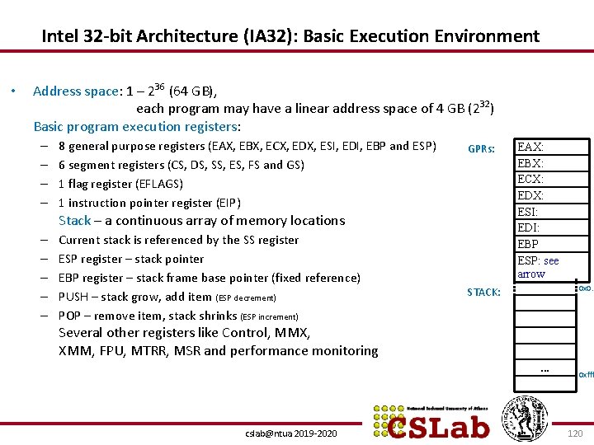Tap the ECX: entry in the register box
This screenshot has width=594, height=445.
pyautogui.click(x=530, y=179)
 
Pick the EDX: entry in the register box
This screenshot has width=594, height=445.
pyautogui.click(x=530, y=195)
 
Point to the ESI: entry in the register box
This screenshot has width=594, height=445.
pyautogui.click(x=527, y=212)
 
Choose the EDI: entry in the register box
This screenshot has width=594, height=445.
pyautogui.click(x=527, y=227)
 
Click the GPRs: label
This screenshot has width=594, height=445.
pyautogui.click(x=482, y=149)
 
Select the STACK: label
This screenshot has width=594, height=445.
pyautogui.click(x=483, y=292)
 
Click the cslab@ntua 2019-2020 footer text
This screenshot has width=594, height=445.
pyautogui.click(x=290, y=433)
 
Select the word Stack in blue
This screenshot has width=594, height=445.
pyautogui.click(x=74, y=221)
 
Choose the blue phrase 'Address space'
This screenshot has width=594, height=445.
pyautogui.click(x=76, y=91)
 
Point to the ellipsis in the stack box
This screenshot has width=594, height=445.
pyautogui.click(x=544, y=370)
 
